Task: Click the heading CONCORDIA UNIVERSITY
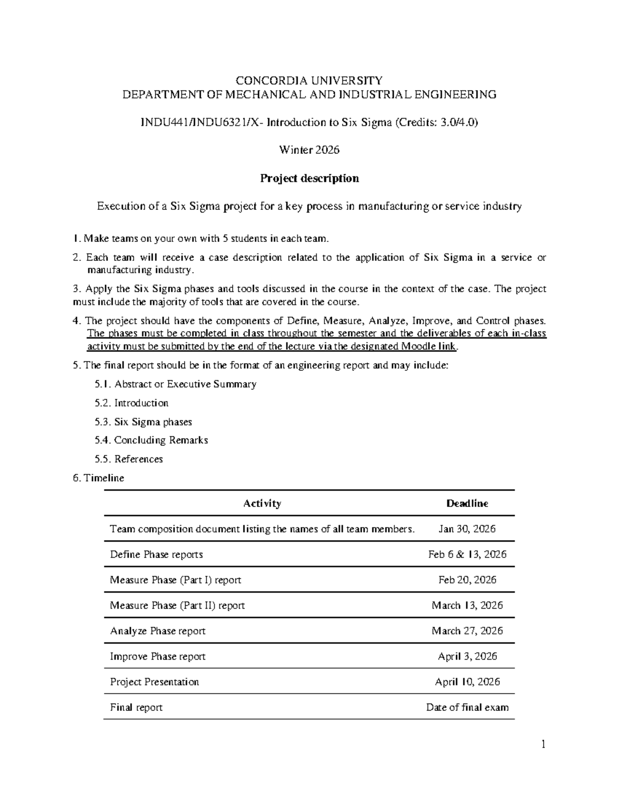pos(309,80)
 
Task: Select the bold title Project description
pos(309,178)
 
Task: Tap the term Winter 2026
pos(309,150)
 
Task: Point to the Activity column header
pos(262,503)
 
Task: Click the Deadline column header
pos(467,503)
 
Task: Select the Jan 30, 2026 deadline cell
pos(467,529)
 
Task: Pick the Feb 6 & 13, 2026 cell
pos(467,554)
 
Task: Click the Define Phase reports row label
pos(156,554)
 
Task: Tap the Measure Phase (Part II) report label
pos(177,606)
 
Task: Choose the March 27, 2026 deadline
pos(467,631)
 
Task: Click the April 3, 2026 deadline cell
pos(467,656)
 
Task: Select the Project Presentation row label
pos(154,682)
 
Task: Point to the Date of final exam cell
pos(467,707)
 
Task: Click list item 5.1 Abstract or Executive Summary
pos(175,384)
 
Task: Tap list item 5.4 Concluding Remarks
pos(151,440)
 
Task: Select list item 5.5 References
pos(129,459)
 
